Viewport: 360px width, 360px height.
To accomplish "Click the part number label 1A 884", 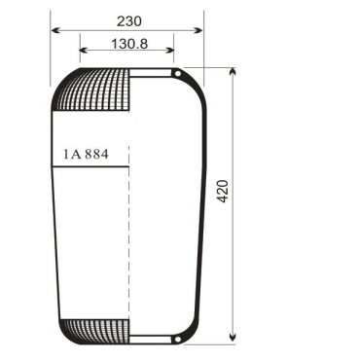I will pyautogui.click(x=88, y=153).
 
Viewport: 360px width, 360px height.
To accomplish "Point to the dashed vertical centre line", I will pyautogui.click(x=128, y=243).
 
